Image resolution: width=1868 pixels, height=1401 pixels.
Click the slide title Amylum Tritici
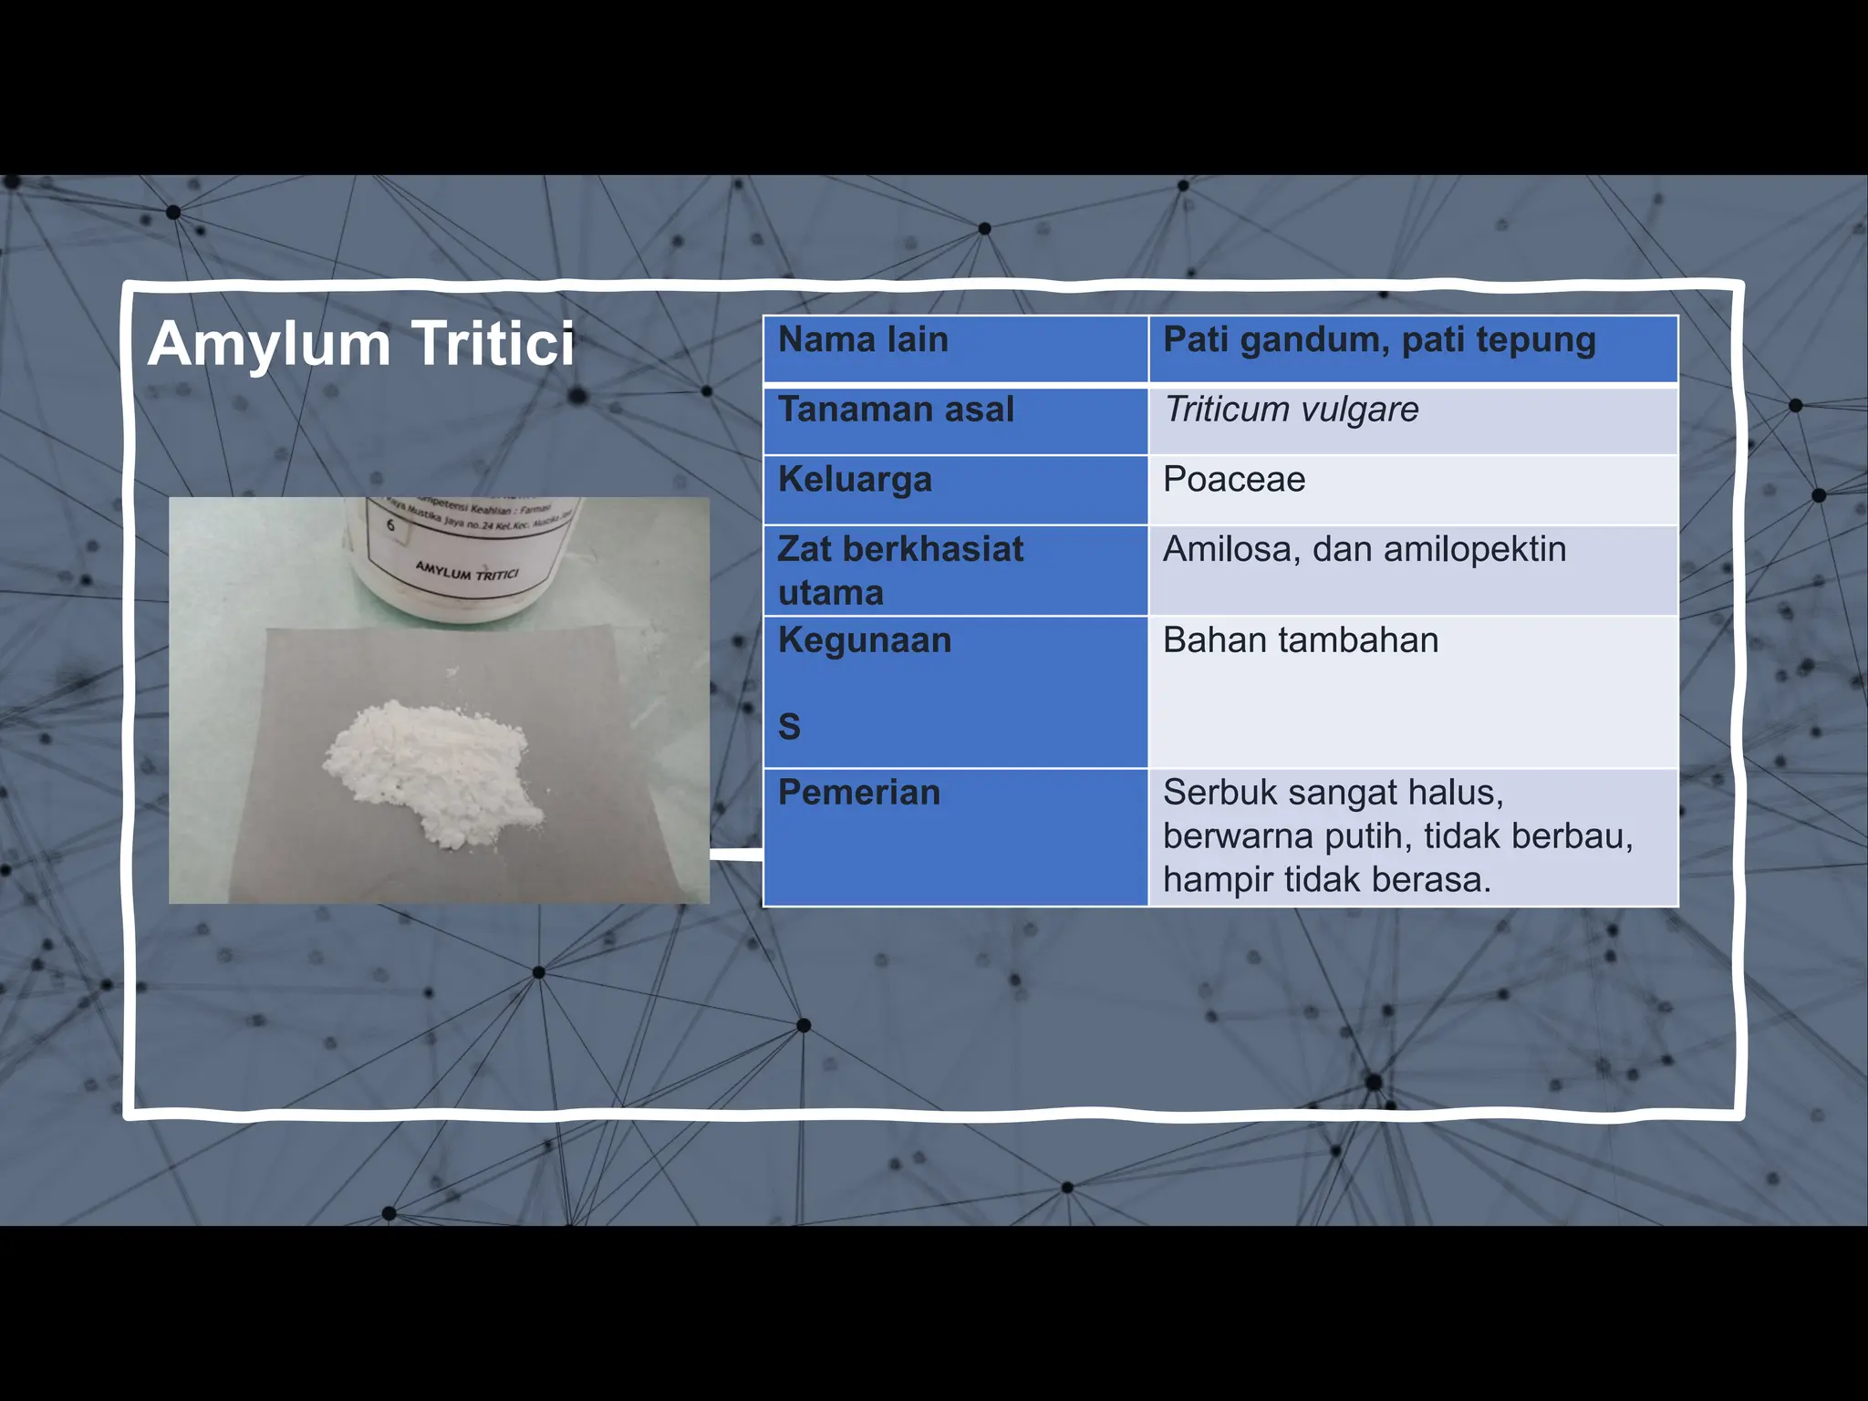pyautogui.click(x=361, y=344)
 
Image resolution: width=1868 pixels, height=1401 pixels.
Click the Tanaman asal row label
pyautogui.click(x=896, y=410)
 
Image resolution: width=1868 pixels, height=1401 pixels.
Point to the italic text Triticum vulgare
pyautogui.click(x=1292, y=410)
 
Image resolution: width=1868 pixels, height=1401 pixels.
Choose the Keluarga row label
pyautogui.click(x=855, y=480)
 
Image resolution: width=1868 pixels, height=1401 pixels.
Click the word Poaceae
pyautogui.click(x=1234, y=480)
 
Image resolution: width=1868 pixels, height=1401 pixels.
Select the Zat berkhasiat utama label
pyautogui.click(x=900, y=570)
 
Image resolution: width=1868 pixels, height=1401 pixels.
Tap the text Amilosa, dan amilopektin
pyautogui.click(x=1365, y=549)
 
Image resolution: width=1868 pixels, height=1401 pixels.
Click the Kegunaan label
pyautogui.click(x=865, y=640)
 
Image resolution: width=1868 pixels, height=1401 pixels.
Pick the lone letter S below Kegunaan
pyautogui.click(x=789, y=727)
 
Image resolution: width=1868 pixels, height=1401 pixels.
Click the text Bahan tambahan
pyautogui.click(x=1301, y=640)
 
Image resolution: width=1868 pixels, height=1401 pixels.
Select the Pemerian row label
pyautogui.click(x=858, y=793)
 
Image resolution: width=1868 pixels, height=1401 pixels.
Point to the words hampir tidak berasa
pyautogui.click(x=1326, y=880)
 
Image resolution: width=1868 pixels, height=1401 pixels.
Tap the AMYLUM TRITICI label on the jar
pyautogui.click(x=467, y=572)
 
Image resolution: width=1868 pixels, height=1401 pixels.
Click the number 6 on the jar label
pyautogui.click(x=390, y=525)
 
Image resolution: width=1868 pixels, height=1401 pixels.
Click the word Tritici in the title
pyautogui.click(x=493, y=344)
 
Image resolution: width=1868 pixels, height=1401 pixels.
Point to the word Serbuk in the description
pyautogui.click(x=1220, y=793)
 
